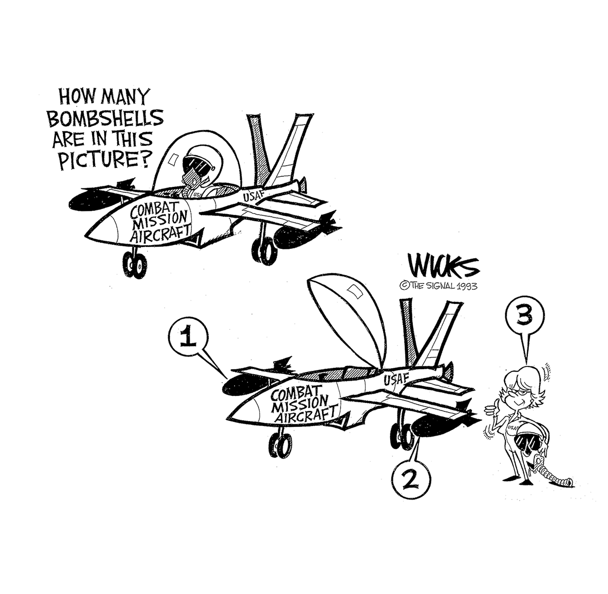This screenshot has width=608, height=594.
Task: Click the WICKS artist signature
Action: [x=437, y=267]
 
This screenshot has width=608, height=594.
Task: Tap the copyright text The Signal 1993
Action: [x=438, y=286]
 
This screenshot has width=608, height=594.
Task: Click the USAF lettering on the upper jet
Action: [x=254, y=195]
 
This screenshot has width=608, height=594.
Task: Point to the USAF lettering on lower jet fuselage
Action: [x=396, y=379]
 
